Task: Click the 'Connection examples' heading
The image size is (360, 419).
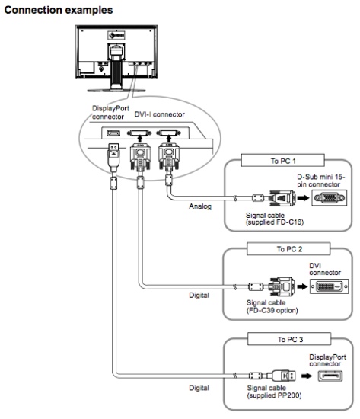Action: [59, 10]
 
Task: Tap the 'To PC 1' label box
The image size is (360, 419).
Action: [283, 161]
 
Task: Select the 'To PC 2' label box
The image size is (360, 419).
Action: [288, 249]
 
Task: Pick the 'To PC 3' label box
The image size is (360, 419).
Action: [289, 339]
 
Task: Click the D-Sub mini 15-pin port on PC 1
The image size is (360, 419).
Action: [329, 198]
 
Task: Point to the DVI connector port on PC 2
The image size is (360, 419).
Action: [329, 286]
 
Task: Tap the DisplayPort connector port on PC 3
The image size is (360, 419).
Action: [330, 376]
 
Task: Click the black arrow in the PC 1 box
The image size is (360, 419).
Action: [303, 198]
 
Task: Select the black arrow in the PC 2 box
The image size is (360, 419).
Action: [302, 286]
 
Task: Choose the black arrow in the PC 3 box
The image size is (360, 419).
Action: [307, 376]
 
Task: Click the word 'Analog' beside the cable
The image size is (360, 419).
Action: [200, 206]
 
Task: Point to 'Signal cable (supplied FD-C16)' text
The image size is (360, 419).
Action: [275, 219]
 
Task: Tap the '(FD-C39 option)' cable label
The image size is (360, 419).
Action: [272, 310]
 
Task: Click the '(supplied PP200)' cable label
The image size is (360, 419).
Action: [274, 395]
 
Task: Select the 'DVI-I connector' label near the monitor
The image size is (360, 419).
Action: [159, 114]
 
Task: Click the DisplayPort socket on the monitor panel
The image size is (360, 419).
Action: [113, 133]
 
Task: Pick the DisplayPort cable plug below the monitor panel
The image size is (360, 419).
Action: [113, 158]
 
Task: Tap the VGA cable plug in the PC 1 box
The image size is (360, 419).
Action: [282, 198]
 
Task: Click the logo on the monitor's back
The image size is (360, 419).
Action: [116, 35]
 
